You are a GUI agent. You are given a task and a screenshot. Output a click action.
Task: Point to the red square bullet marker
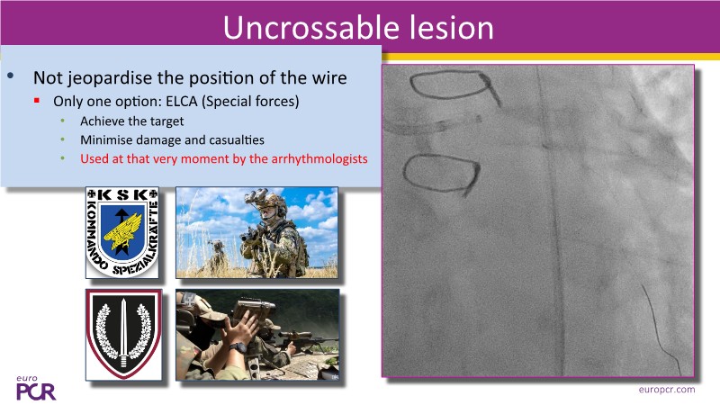(37, 100)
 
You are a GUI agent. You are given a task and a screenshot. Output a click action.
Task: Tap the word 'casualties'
(237, 139)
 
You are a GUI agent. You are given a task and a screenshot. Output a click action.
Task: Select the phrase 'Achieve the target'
(131, 121)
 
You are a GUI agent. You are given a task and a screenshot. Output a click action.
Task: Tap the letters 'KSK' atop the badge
(121, 194)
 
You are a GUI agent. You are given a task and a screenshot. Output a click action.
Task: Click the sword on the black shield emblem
(123, 332)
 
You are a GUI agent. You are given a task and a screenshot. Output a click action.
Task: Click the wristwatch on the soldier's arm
(238, 347)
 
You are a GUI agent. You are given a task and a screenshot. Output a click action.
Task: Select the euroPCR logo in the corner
(35, 388)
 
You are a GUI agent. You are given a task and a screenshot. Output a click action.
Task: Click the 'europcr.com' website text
(667, 390)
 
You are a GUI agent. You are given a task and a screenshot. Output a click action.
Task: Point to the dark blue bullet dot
(11, 76)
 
